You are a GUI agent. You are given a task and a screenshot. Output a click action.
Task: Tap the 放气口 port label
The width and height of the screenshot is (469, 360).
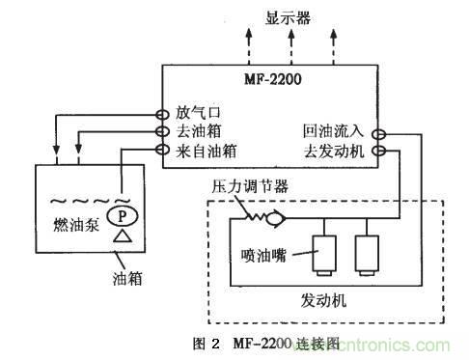198,113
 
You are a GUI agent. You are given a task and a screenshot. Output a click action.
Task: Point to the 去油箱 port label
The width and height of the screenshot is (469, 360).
198,131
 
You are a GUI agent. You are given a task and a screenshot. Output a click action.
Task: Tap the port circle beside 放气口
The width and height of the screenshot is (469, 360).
163,113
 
